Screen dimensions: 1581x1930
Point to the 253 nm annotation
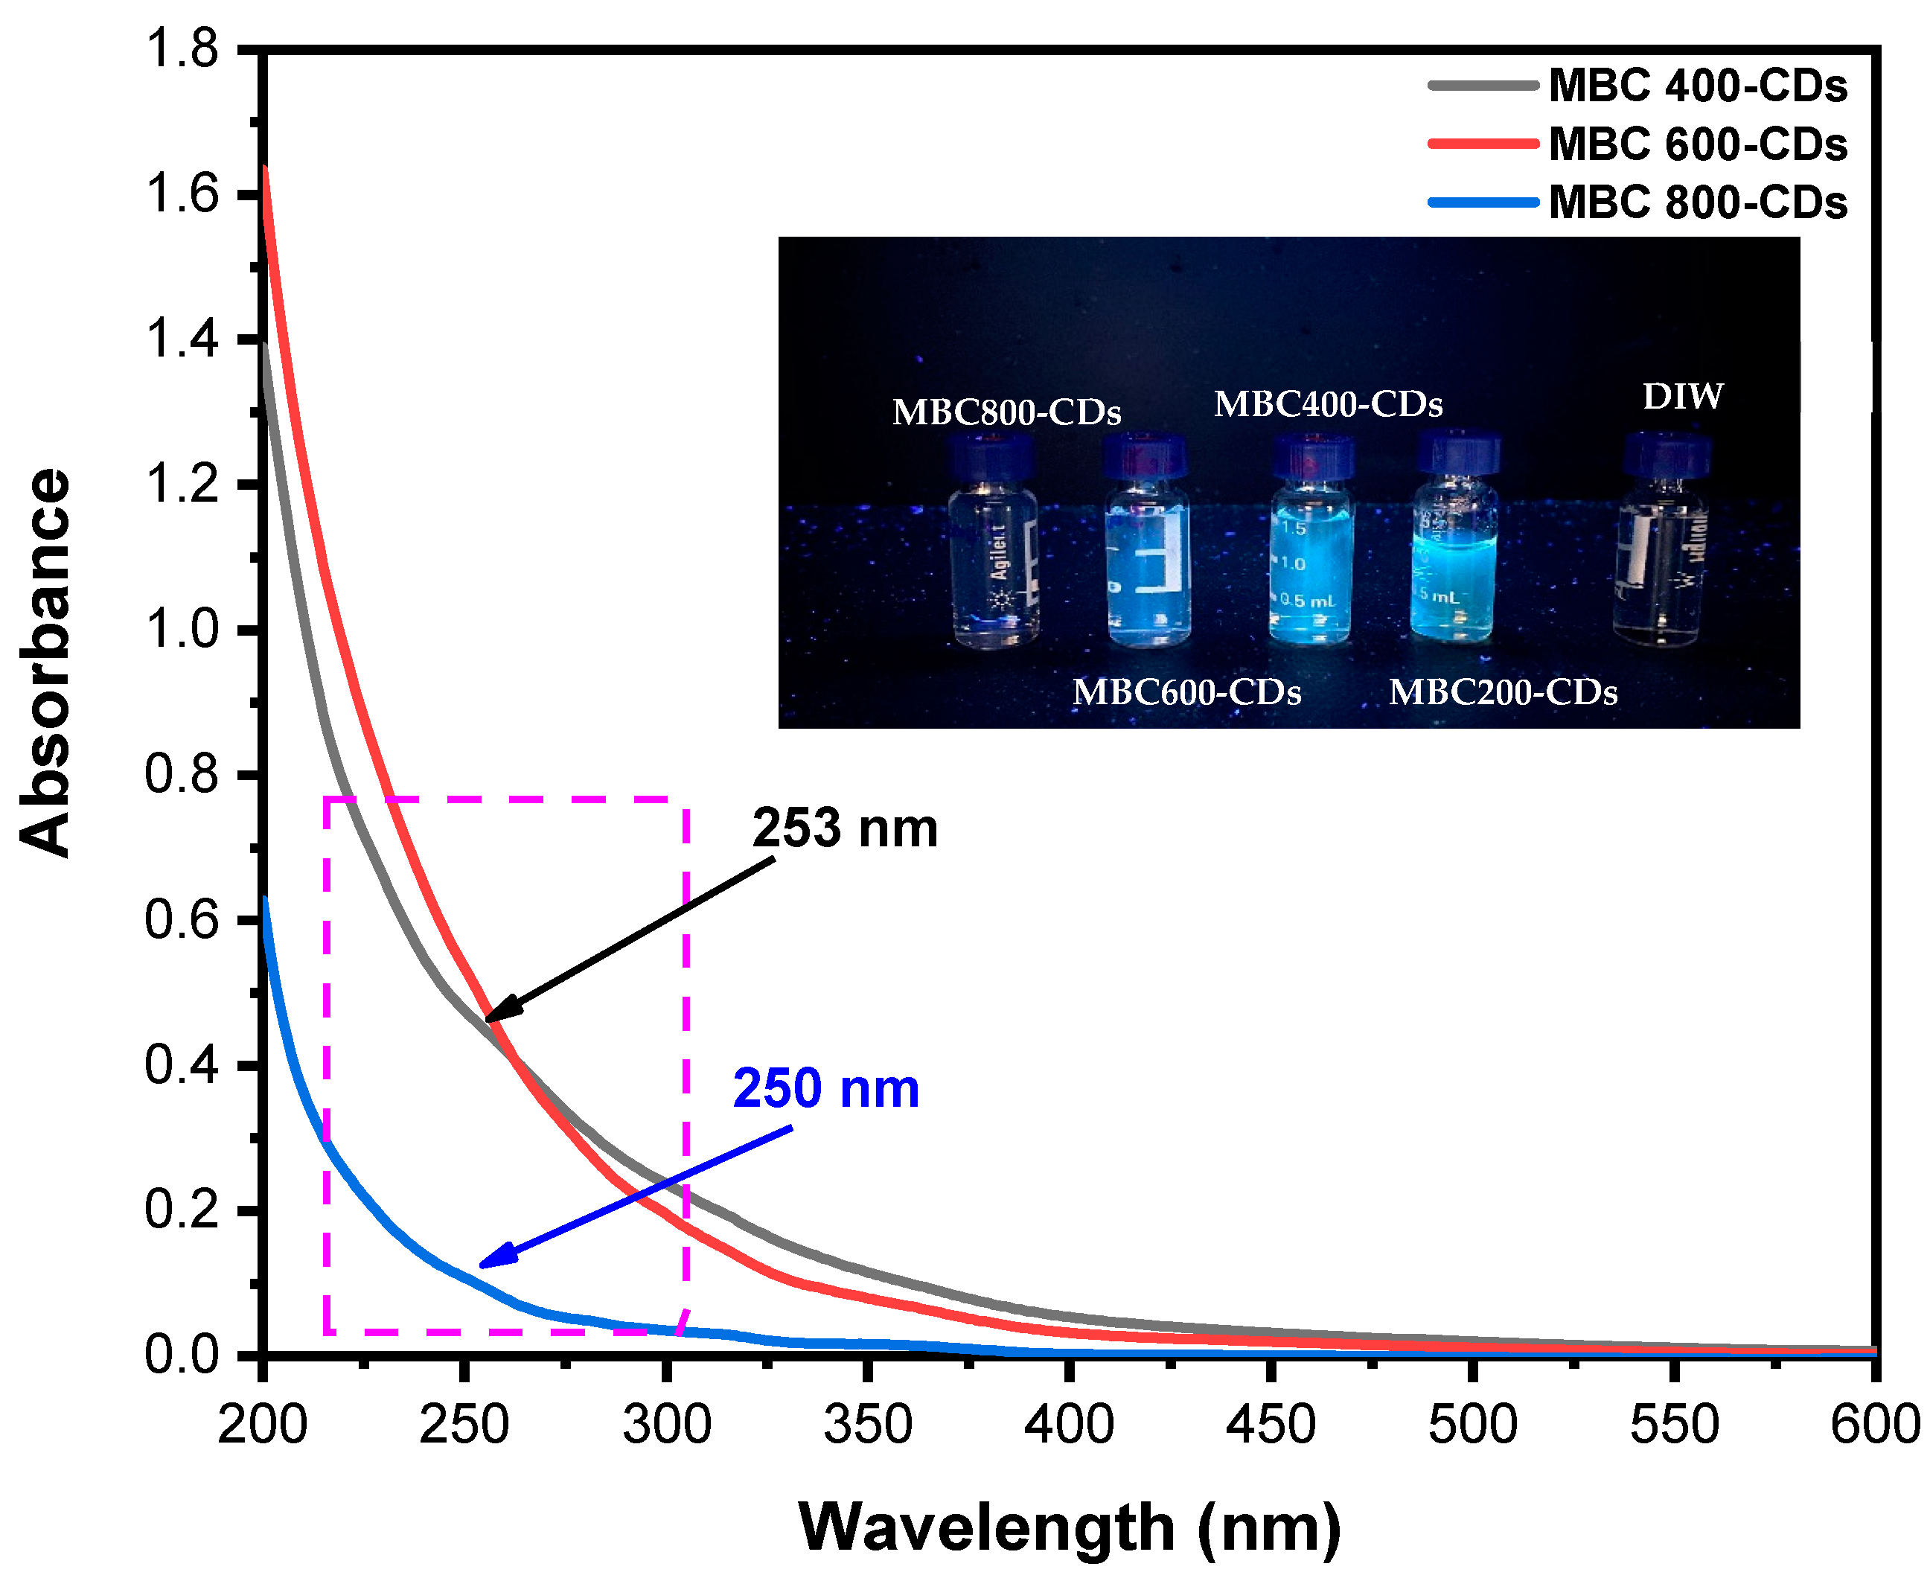click(x=844, y=828)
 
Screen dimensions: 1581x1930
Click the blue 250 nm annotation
click(x=825, y=1088)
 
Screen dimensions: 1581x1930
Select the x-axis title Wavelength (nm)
click(x=1070, y=1527)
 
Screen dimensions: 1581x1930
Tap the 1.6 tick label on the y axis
click(x=182, y=195)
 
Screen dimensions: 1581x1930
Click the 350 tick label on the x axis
click(x=867, y=1425)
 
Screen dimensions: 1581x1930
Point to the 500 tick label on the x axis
click(x=1472, y=1425)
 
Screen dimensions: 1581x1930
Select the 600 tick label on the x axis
click(x=1874, y=1425)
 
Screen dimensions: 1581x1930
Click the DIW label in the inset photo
click(x=1681, y=396)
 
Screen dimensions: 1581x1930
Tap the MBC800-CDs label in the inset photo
click(x=1006, y=412)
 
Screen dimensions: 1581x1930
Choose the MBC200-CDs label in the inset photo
click(x=1502, y=693)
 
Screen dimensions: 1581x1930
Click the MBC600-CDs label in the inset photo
click(x=1186, y=693)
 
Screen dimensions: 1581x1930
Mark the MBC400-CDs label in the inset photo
click(x=1327, y=404)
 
